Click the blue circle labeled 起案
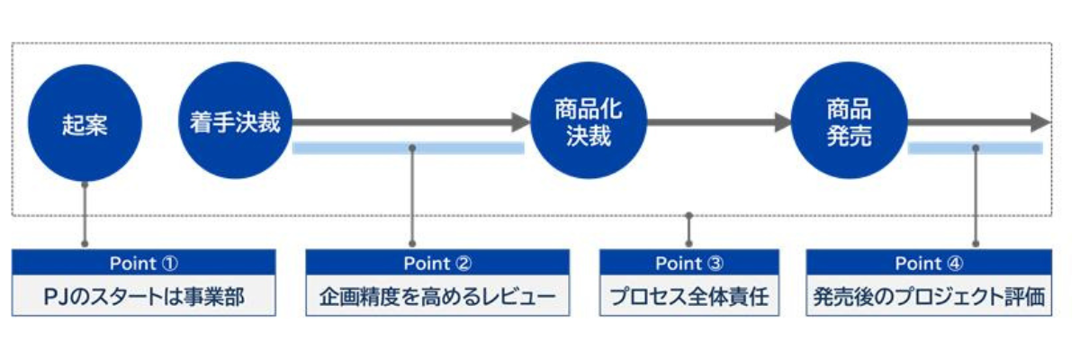click(x=85, y=123)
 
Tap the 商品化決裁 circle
click(x=589, y=123)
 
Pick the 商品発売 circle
click(x=848, y=123)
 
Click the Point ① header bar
click(x=144, y=263)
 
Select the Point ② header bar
click(x=437, y=263)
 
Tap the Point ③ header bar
click(x=688, y=263)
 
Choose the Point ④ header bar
click(x=929, y=263)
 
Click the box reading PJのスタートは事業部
click(x=144, y=296)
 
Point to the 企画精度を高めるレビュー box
click(x=437, y=296)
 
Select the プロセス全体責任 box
click(x=688, y=296)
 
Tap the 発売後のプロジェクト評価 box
click(x=929, y=296)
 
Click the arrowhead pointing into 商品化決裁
click(x=520, y=122)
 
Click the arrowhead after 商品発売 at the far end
click(x=1040, y=122)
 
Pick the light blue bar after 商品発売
click(x=975, y=148)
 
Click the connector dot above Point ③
click(x=688, y=216)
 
